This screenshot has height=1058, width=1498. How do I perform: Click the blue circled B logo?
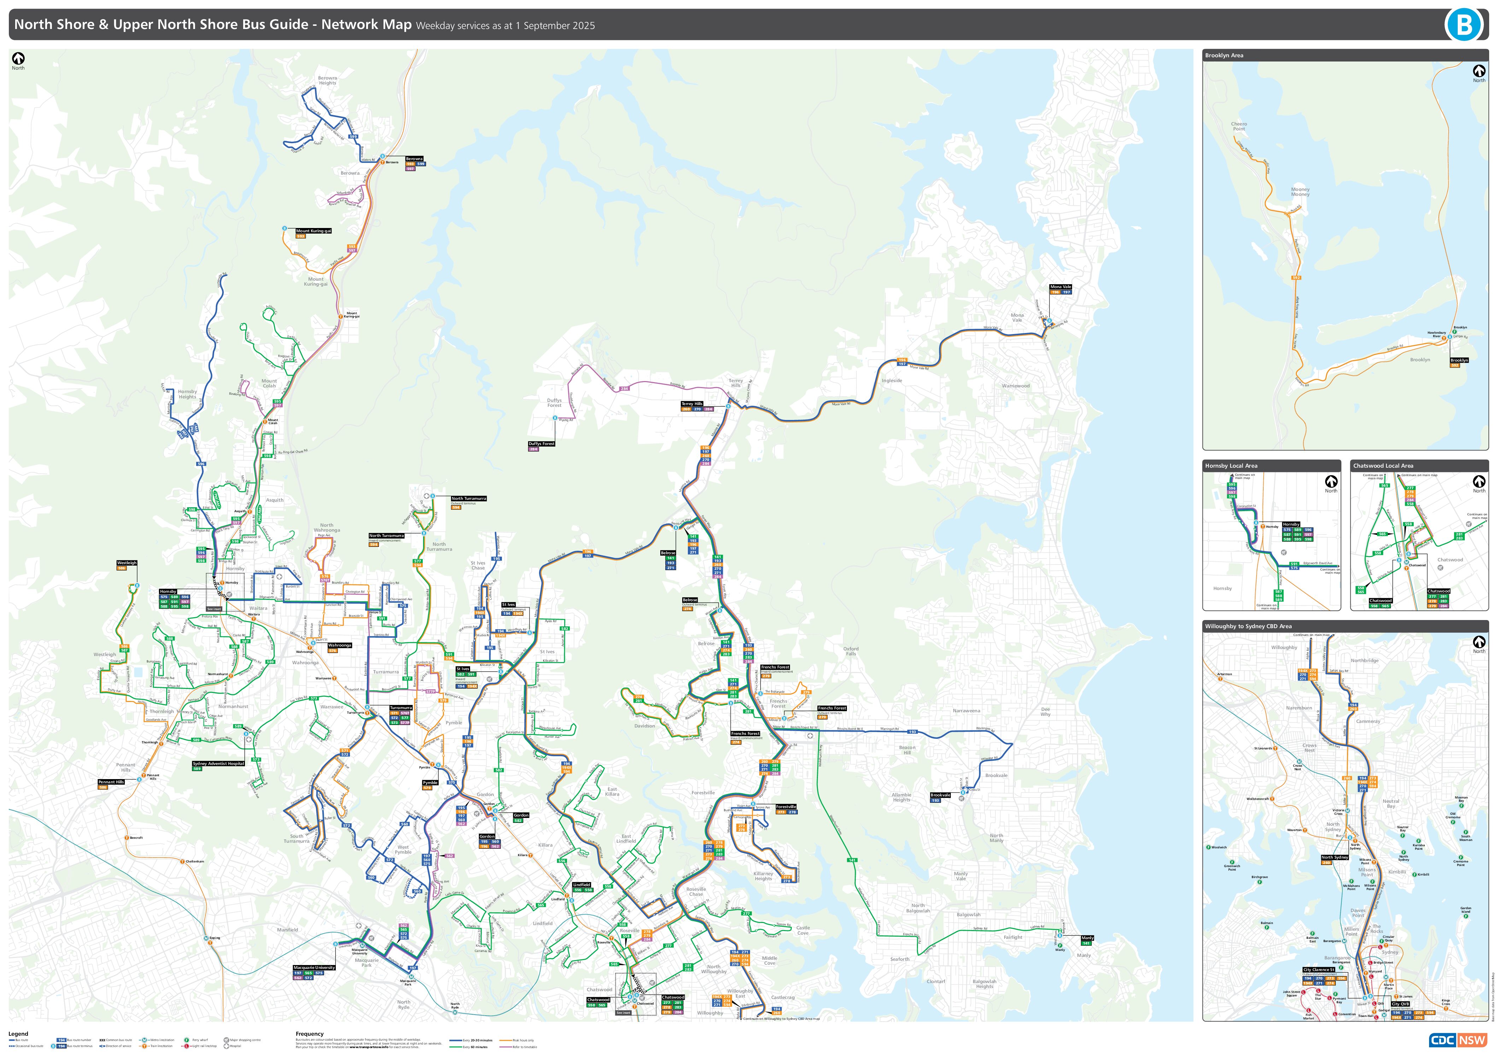click(1464, 25)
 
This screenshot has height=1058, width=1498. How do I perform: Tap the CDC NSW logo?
click(1458, 1040)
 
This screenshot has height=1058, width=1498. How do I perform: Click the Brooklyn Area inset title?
click(1224, 55)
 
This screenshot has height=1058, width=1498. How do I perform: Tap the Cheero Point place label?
click(1239, 126)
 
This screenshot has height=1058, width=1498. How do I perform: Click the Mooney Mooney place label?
click(1300, 192)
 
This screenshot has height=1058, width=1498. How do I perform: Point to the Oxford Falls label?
click(851, 651)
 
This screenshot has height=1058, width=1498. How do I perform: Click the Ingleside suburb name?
click(892, 380)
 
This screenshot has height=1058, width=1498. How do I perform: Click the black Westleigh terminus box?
click(127, 563)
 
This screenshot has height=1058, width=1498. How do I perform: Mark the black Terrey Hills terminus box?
click(692, 404)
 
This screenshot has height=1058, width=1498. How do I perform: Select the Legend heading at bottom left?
click(18, 1034)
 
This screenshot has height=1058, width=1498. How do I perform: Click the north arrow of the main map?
click(18, 59)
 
